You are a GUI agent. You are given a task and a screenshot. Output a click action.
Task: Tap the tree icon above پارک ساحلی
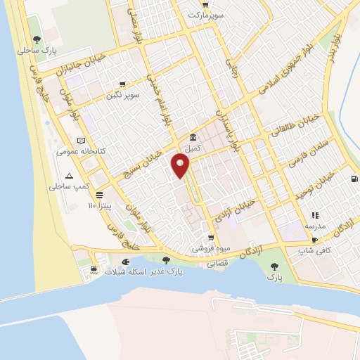point(37,40)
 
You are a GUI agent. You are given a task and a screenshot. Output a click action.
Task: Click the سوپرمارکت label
point(210,14)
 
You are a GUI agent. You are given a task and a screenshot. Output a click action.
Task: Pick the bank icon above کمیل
point(193,137)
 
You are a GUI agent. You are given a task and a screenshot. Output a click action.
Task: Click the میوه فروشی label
point(209,249)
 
